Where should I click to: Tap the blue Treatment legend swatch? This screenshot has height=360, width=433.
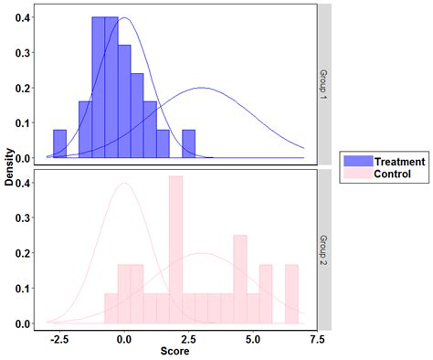[x=354, y=162]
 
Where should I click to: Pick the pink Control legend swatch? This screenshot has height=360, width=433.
[x=354, y=174]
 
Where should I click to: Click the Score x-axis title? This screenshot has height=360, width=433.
[x=175, y=352]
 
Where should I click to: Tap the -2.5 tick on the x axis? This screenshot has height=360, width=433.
[x=60, y=338]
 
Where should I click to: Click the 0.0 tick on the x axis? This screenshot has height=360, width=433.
[x=125, y=338]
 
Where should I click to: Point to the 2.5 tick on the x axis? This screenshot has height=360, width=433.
[x=188, y=338]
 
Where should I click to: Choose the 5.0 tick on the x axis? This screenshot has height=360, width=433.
[x=252, y=338]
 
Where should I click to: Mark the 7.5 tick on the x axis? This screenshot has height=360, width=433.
[x=316, y=338]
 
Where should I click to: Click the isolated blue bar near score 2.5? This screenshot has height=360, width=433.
[x=188, y=144]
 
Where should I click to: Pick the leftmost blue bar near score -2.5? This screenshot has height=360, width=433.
[x=60, y=144]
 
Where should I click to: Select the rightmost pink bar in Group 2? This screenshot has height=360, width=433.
[x=291, y=293]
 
